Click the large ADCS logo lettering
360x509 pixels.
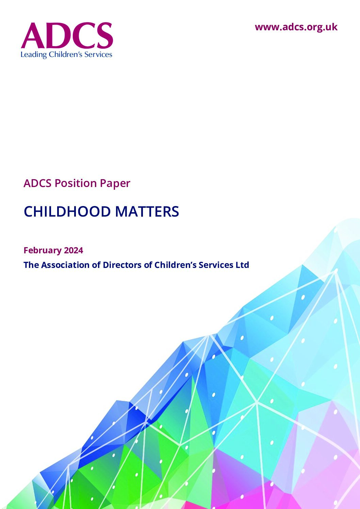coord(67,35)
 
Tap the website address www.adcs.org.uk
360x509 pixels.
coord(296,27)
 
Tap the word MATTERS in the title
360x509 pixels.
coord(147,211)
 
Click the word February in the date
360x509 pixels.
coord(43,250)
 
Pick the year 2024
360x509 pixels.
coord(74,250)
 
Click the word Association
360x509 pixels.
coord(65,265)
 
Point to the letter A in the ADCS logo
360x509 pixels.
coord(33,35)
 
